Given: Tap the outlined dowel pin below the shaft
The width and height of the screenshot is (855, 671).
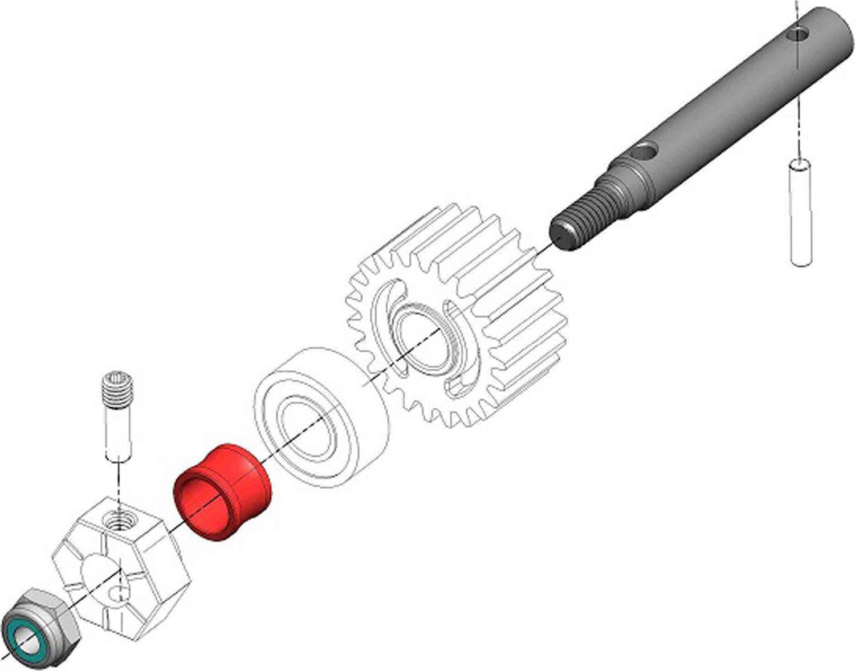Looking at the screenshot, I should pos(801,214).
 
